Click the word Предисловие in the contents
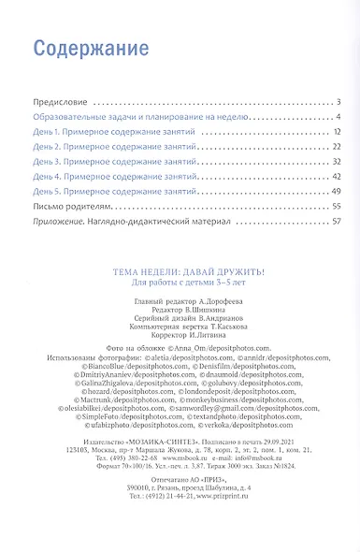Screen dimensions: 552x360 point(59,100)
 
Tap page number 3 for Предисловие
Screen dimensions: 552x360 point(339,100)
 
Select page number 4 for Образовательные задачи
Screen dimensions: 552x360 point(339,117)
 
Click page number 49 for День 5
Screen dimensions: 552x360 point(337,192)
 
